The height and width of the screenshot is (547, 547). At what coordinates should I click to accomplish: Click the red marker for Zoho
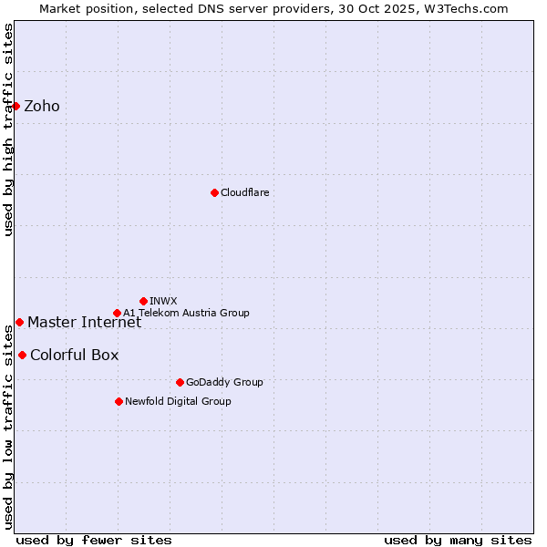pyautogui.click(x=15, y=106)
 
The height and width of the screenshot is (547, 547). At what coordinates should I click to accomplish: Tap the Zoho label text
pyautogui.click(x=42, y=107)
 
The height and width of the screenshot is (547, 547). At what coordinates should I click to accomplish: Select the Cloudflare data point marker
pyautogui.click(x=214, y=192)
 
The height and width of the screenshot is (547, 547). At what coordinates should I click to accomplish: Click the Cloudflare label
pyautogui.click(x=244, y=192)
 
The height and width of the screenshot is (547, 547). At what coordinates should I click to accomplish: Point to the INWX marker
pyautogui.click(x=143, y=301)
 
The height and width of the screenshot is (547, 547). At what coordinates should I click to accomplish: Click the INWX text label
pyautogui.click(x=163, y=301)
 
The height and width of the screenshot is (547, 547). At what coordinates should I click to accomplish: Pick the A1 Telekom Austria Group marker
pyautogui.click(x=117, y=313)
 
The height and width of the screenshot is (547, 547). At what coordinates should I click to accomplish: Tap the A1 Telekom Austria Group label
pyautogui.click(x=186, y=313)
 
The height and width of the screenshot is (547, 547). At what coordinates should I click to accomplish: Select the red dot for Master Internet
pyautogui.click(x=19, y=322)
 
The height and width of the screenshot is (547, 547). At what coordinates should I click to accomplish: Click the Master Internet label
pyautogui.click(x=84, y=322)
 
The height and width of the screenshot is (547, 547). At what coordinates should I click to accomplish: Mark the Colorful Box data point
pyautogui.click(x=22, y=355)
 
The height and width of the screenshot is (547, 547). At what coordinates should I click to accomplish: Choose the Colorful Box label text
pyautogui.click(x=74, y=356)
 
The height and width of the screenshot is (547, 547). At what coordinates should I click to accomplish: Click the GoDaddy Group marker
pyautogui.click(x=180, y=382)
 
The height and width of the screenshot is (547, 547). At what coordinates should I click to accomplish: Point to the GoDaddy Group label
pyautogui.click(x=224, y=382)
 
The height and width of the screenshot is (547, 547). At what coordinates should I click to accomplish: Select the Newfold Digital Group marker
pyautogui.click(x=119, y=401)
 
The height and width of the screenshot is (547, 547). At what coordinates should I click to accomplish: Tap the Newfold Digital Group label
pyautogui.click(x=178, y=401)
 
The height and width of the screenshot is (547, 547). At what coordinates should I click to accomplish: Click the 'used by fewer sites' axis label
pyautogui.click(x=94, y=541)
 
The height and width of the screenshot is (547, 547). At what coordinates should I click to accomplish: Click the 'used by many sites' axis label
pyautogui.click(x=458, y=541)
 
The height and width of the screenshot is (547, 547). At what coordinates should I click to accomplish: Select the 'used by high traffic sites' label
pyautogui.click(x=8, y=129)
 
